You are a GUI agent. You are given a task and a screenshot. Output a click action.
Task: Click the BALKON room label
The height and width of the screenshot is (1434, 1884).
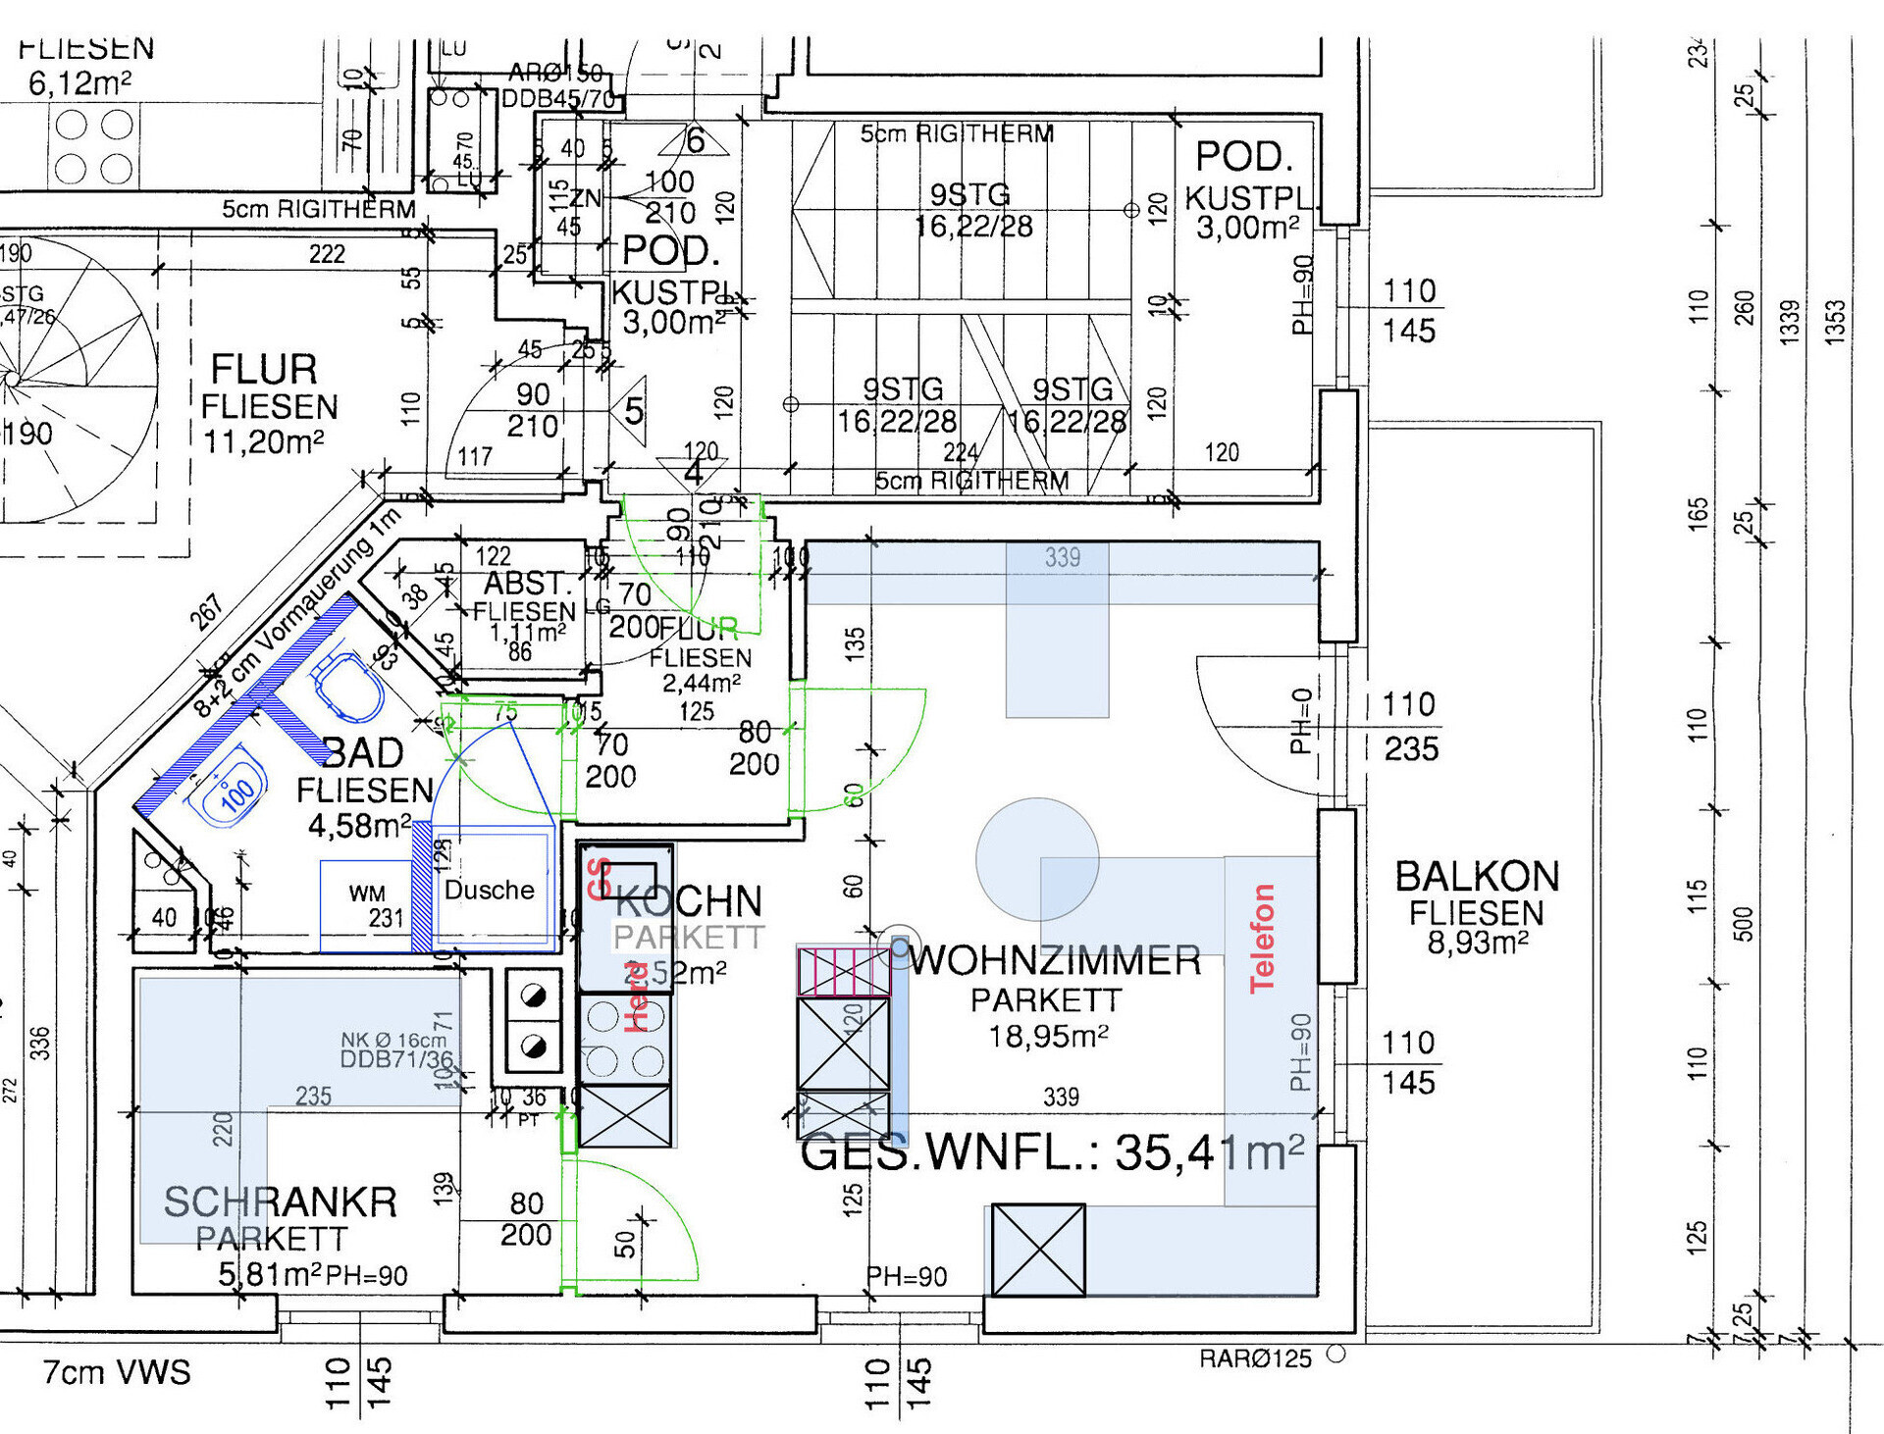1477,876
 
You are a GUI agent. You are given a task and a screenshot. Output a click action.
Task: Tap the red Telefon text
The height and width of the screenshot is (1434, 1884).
1262,938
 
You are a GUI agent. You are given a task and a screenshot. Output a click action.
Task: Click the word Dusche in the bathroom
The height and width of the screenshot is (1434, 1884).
489,890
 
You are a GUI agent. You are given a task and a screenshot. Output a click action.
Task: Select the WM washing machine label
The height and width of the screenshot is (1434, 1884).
367,893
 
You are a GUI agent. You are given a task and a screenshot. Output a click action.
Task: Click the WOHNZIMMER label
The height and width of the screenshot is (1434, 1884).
1055,960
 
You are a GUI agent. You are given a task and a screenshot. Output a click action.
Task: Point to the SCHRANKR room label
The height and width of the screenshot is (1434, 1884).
281,1202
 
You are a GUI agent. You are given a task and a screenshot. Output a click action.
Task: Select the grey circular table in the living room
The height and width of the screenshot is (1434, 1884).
1036,859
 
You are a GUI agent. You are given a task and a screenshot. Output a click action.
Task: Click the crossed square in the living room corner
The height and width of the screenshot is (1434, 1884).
1038,1250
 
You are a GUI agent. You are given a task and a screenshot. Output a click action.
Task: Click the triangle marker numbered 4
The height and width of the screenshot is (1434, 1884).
693,472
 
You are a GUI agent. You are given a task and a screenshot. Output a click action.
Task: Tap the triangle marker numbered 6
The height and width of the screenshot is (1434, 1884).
694,140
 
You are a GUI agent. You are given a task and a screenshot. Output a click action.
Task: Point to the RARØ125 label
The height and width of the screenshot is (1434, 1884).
1255,1358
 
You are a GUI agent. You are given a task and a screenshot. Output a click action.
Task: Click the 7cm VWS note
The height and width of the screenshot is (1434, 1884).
117,1372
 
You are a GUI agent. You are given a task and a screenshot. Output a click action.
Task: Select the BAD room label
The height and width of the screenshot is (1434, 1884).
363,753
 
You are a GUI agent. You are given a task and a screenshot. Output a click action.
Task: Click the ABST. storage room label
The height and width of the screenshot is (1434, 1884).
526,584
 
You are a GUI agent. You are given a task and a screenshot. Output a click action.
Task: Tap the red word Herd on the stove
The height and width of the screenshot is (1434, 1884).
636,997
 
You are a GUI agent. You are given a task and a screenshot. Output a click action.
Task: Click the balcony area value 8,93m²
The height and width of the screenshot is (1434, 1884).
1477,943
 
